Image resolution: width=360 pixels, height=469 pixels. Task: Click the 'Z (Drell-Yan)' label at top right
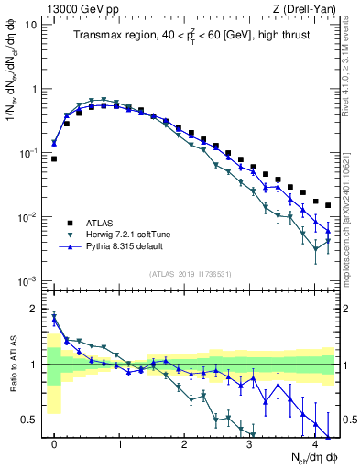click(x=306, y=7)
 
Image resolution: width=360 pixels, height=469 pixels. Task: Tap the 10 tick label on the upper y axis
click(x=30, y=25)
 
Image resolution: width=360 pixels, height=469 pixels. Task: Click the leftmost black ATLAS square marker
click(x=54, y=158)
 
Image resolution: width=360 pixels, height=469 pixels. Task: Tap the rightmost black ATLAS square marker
click(x=327, y=205)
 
